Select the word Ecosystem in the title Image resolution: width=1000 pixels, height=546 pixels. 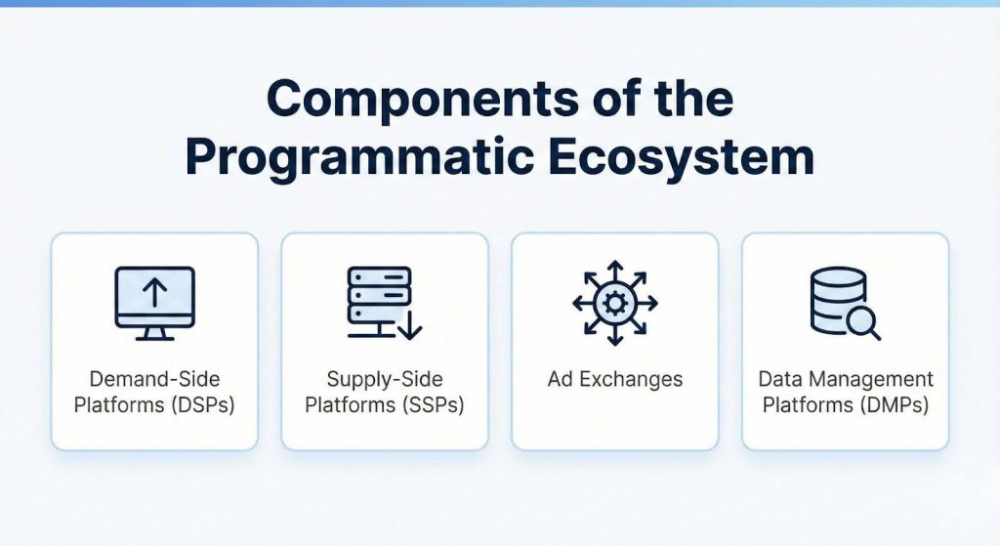point(704,156)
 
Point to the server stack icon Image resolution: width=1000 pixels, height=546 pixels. point(379,295)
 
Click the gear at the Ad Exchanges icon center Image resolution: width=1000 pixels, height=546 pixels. point(614,303)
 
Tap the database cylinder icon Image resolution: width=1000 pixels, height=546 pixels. point(838,297)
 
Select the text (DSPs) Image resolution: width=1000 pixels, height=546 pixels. point(203,404)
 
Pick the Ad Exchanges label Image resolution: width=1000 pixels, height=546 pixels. point(614,379)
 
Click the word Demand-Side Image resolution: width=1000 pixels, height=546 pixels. point(154,379)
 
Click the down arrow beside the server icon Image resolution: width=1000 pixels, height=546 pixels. point(410,325)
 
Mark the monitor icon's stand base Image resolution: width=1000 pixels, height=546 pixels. point(154,337)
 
